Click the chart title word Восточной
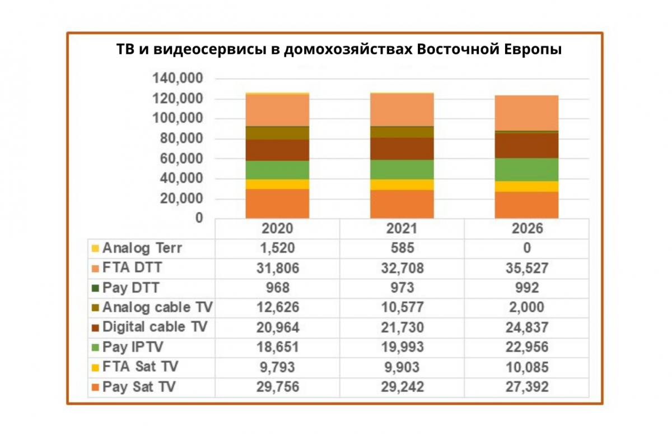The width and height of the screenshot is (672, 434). (454, 50)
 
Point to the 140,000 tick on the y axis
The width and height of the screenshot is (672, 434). (179, 79)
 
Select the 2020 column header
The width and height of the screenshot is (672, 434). (278, 229)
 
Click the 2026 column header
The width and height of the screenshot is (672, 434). (526, 229)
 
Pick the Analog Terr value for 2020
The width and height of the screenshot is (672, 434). (278, 248)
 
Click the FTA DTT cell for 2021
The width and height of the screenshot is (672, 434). (402, 268)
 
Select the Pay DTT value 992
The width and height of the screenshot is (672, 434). (526, 288)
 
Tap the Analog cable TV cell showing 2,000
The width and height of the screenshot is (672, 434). (526, 308)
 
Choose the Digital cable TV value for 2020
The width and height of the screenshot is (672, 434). (278, 327)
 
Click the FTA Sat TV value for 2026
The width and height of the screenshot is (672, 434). (526, 367)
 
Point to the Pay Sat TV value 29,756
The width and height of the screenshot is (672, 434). (278, 387)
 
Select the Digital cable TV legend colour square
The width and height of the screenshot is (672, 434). (96, 327)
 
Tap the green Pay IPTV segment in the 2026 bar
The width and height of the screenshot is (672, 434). (526, 169)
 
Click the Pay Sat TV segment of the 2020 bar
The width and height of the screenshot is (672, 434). (278, 204)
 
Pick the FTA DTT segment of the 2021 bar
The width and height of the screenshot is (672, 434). (402, 109)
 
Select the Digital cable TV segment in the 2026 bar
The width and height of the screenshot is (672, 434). (526, 145)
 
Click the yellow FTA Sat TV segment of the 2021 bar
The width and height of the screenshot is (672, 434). (402, 184)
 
